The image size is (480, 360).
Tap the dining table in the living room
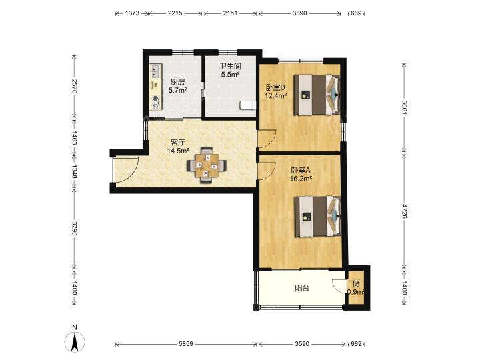click(x=207, y=165)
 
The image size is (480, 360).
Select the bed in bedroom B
click(x=317, y=95)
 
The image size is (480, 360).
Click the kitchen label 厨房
click(x=177, y=82)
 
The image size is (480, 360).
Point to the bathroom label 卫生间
click(x=230, y=66)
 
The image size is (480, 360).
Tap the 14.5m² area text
click(x=178, y=151)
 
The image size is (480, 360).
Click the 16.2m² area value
click(x=301, y=179)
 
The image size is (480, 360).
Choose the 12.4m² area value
click(x=276, y=95)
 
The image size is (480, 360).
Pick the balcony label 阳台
click(x=302, y=289)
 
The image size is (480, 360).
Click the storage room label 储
click(x=356, y=283)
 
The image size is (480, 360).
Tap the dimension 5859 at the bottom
click(x=186, y=344)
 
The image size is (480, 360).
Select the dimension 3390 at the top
click(x=300, y=13)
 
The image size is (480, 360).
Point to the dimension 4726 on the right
click(x=405, y=211)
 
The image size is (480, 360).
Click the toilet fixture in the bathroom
click(x=247, y=105)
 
